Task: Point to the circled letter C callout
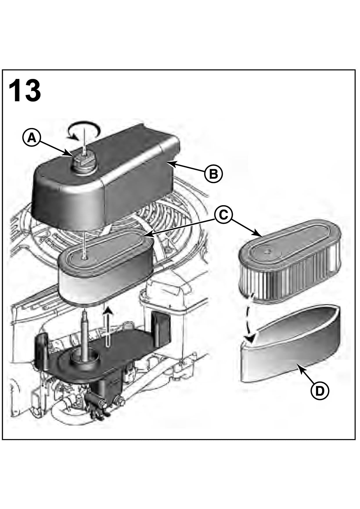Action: pyautogui.click(x=223, y=215)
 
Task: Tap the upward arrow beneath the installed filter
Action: pyautogui.click(x=108, y=325)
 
